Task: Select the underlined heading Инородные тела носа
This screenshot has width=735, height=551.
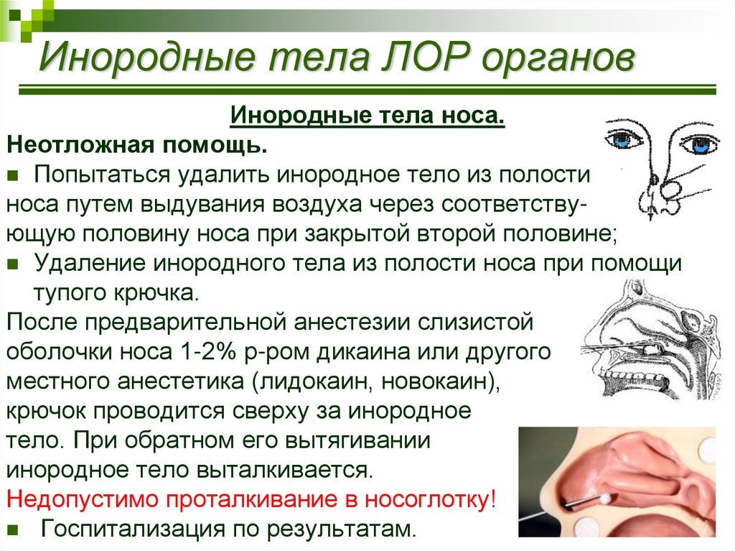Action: point(367,115)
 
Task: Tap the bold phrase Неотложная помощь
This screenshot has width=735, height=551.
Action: point(137,145)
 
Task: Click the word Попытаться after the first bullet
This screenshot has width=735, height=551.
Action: point(102,175)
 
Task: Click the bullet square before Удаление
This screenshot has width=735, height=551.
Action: point(13,264)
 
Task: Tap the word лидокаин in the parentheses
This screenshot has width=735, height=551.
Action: point(315,381)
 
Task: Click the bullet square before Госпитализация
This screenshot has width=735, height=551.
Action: point(13,530)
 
